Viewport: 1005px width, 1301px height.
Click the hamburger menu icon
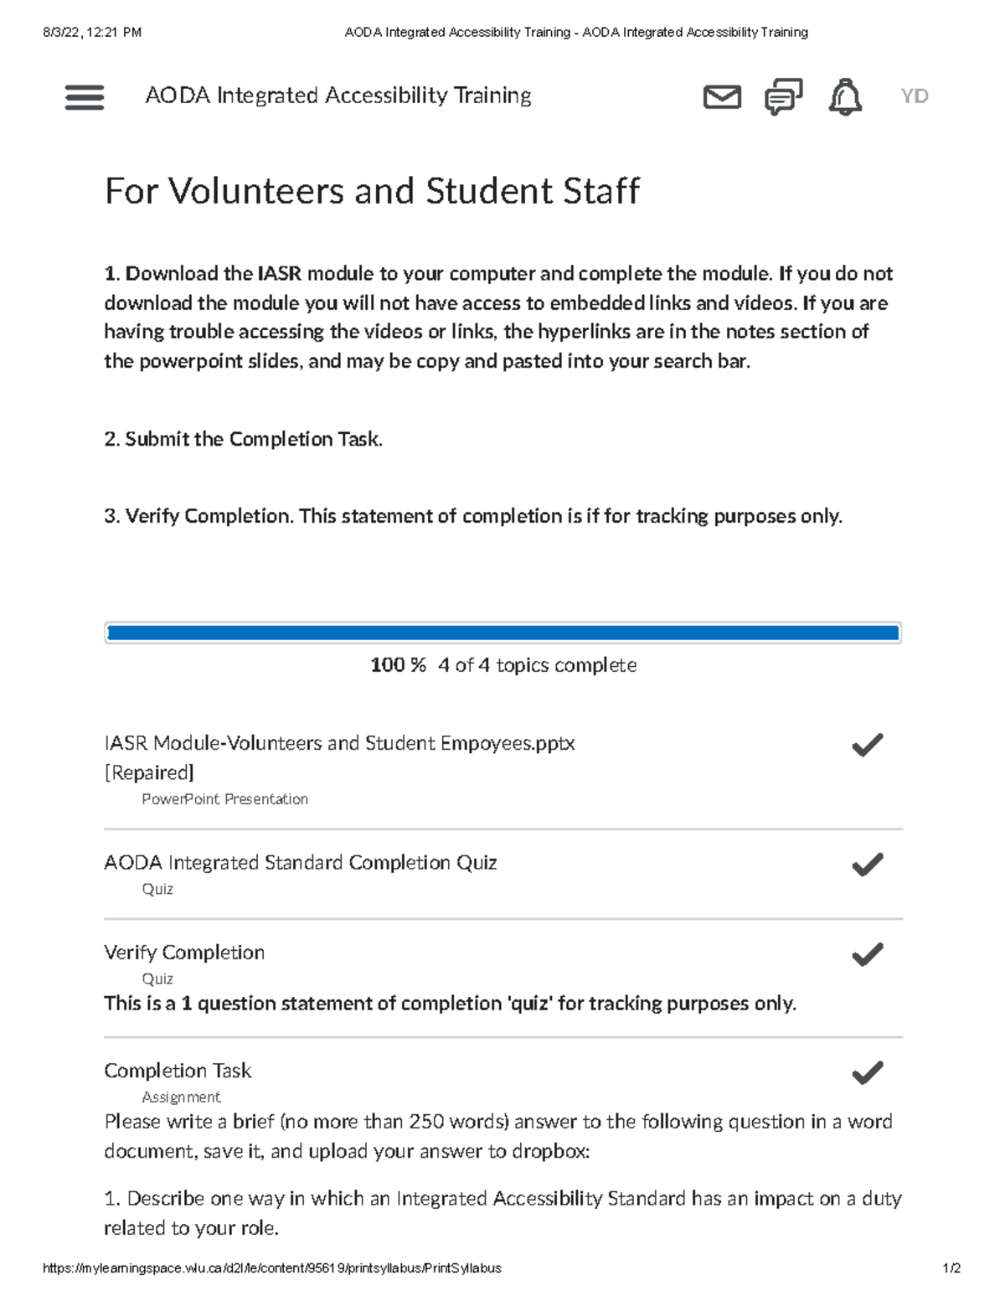[x=85, y=97]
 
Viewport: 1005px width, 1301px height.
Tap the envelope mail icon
[x=721, y=97]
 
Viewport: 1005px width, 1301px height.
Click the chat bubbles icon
[x=783, y=97]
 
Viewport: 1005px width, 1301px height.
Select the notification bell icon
[x=845, y=97]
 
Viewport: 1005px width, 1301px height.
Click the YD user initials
[x=914, y=96]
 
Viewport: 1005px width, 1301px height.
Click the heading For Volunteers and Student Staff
[x=372, y=191]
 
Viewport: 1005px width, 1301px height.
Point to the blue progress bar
[x=502, y=633]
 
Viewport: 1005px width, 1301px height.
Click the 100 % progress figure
[x=398, y=665]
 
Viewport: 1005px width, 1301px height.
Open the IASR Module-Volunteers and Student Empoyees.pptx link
[x=339, y=744]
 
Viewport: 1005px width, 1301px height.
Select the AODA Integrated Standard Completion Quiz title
[x=300, y=863]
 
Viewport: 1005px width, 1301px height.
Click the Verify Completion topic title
[x=184, y=953]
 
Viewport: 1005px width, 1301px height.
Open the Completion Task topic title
[x=178, y=1071]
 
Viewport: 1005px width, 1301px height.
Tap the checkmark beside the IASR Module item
[x=867, y=745]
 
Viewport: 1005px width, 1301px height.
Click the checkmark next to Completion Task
[x=867, y=1072]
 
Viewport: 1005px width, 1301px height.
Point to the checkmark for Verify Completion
[x=867, y=954]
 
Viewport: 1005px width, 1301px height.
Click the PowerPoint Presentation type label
[x=224, y=799]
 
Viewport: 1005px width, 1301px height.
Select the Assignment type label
[x=181, y=1097]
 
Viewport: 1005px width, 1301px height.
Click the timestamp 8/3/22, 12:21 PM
[x=92, y=33]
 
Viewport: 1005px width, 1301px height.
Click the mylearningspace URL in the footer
[x=272, y=1268]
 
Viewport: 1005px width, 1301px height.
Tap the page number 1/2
[x=951, y=1268]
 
